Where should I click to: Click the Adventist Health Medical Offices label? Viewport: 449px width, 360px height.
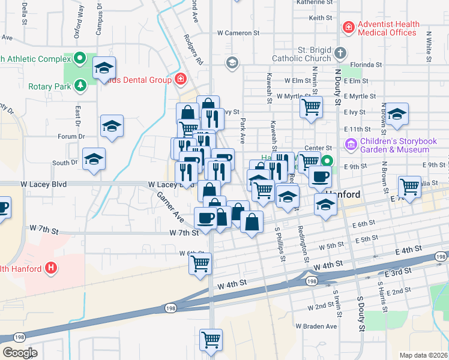pos(387,28)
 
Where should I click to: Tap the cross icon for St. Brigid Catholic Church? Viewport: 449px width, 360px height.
pos(340,53)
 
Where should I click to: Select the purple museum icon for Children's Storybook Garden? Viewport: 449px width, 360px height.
pos(351,145)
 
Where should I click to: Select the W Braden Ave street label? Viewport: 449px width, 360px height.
pos(316,326)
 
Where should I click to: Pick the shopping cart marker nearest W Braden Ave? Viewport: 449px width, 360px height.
pos(211,340)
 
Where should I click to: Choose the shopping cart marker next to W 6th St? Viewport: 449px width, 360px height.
pos(200,263)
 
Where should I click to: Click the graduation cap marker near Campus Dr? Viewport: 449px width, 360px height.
pos(104,67)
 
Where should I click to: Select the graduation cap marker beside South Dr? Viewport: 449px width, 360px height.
pos(94,159)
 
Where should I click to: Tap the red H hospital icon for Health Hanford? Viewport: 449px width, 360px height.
pos(52,268)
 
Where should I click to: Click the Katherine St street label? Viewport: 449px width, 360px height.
pos(315,3)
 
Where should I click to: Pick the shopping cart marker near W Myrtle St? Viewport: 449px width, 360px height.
pos(311,107)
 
